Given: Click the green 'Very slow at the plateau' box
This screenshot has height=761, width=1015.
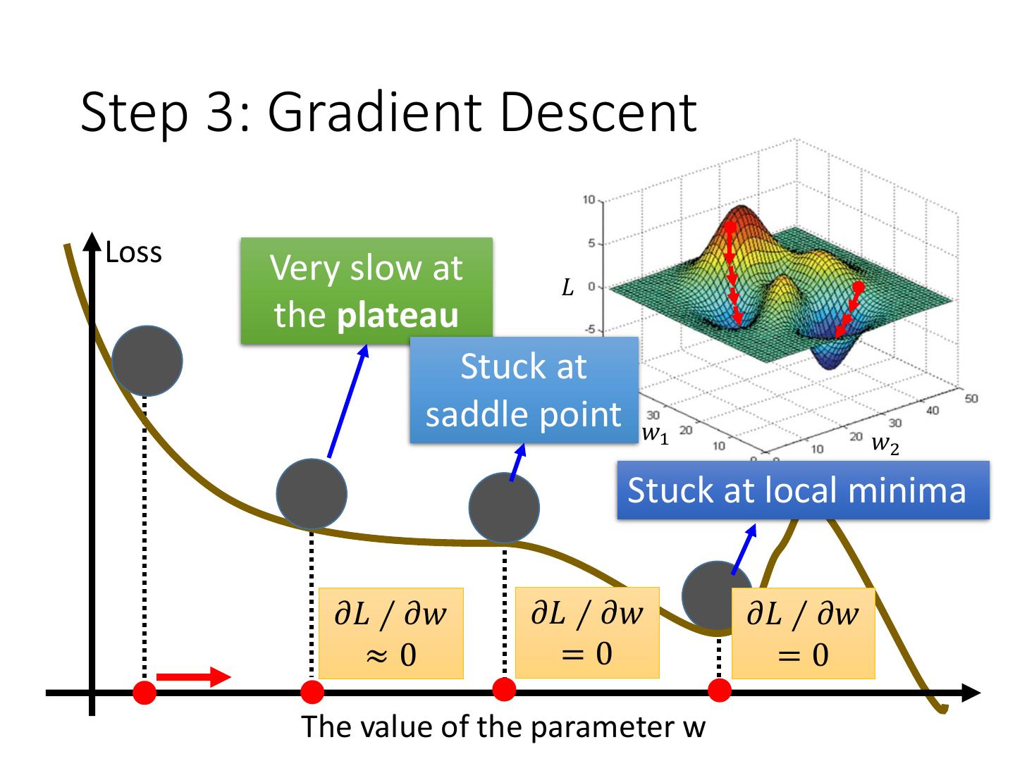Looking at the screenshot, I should point(367,291).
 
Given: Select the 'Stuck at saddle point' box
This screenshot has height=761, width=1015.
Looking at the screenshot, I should point(524,390).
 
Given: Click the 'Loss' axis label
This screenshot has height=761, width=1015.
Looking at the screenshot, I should point(134,253).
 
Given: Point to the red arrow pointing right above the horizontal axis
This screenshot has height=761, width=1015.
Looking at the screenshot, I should point(193,677).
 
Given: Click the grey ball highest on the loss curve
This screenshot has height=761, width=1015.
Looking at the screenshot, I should point(147,361).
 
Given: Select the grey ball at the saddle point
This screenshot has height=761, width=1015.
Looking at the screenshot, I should point(504,508).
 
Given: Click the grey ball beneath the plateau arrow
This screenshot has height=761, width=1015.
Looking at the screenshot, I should point(312,494).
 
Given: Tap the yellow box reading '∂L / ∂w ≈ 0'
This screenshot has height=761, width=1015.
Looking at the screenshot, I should point(390,633).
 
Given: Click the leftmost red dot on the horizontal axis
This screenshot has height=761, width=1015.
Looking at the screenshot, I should point(144,692).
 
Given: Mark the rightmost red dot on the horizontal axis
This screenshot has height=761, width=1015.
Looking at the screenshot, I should point(720,691).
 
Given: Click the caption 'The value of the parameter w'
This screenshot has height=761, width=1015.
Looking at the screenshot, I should point(503,726).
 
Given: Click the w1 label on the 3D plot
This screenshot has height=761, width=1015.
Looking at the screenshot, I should point(655,435).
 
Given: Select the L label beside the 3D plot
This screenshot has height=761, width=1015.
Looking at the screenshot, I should point(567,287).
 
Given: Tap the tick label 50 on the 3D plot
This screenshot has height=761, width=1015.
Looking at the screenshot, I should point(971,399).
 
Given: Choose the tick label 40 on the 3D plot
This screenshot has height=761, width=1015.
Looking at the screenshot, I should point(933,411).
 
